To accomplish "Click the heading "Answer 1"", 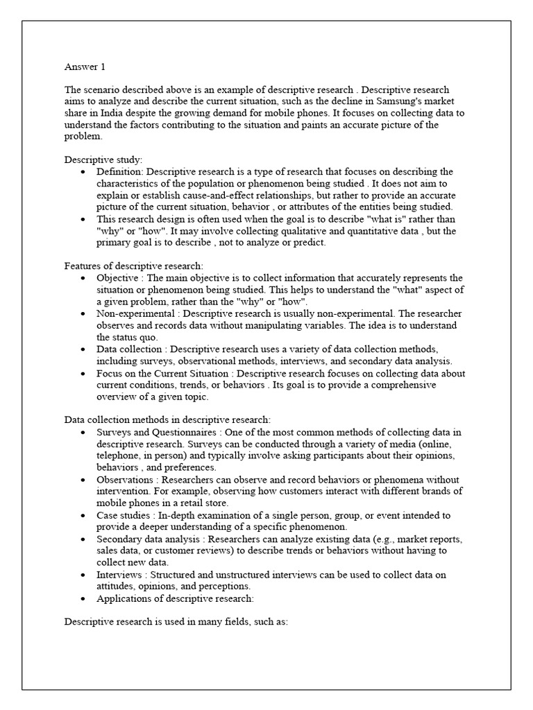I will pos(85,67).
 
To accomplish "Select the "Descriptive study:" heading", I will pos(103,159).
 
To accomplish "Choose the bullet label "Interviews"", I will pos(120,575).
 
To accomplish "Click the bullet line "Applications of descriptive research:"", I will pos(176,598).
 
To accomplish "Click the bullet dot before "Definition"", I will pos(84,172).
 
